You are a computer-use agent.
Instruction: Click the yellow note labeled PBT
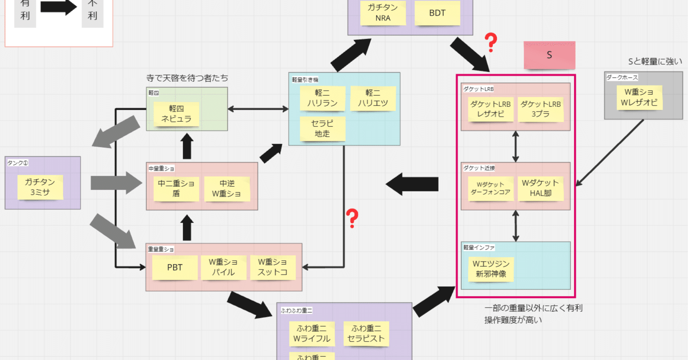coord(175,268)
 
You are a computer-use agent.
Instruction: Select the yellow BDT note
coord(437,13)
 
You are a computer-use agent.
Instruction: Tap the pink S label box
coord(549,55)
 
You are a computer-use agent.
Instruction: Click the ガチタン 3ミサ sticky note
coord(40,187)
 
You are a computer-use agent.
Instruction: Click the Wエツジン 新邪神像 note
coord(491,269)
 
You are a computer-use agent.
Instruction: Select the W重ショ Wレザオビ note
coord(639,98)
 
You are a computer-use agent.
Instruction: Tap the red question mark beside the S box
coord(490,43)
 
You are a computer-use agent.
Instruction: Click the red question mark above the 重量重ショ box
coord(353,218)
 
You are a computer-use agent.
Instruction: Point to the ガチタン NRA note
coord(383,13)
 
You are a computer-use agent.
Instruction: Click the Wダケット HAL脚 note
coord(541,188)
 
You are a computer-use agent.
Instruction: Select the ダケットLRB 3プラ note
coord(540,109)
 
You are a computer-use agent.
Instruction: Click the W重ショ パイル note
coord(223,268)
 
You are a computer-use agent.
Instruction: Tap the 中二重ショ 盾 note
coord(176,189)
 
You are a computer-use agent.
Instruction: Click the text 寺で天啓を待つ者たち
coord(187,78)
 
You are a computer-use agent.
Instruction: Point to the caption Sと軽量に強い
coord(655,61)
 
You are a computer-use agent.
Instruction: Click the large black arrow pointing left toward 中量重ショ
coord(412,184)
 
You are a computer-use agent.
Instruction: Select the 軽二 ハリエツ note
coord(373,98)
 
